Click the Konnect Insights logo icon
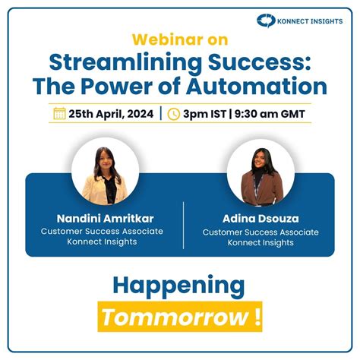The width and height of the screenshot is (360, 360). coord(267,21)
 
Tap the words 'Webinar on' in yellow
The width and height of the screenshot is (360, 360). coord(179,39)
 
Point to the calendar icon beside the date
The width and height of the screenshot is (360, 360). coord(59,114)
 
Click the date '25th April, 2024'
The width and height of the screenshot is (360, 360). coord(112,114)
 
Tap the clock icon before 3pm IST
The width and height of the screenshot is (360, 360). coord(173,114)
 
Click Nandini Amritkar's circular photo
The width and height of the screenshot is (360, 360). coord(105,170)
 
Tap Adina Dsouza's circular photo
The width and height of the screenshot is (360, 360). coord(261,172)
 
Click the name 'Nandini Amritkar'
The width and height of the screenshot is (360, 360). coord(104,217)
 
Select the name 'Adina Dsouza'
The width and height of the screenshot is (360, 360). coord(261,218)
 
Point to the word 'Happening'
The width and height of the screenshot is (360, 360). coord(179,286)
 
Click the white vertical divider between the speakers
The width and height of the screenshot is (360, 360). coord(183,225)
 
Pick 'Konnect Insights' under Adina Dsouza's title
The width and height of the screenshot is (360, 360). coord(261,243)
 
